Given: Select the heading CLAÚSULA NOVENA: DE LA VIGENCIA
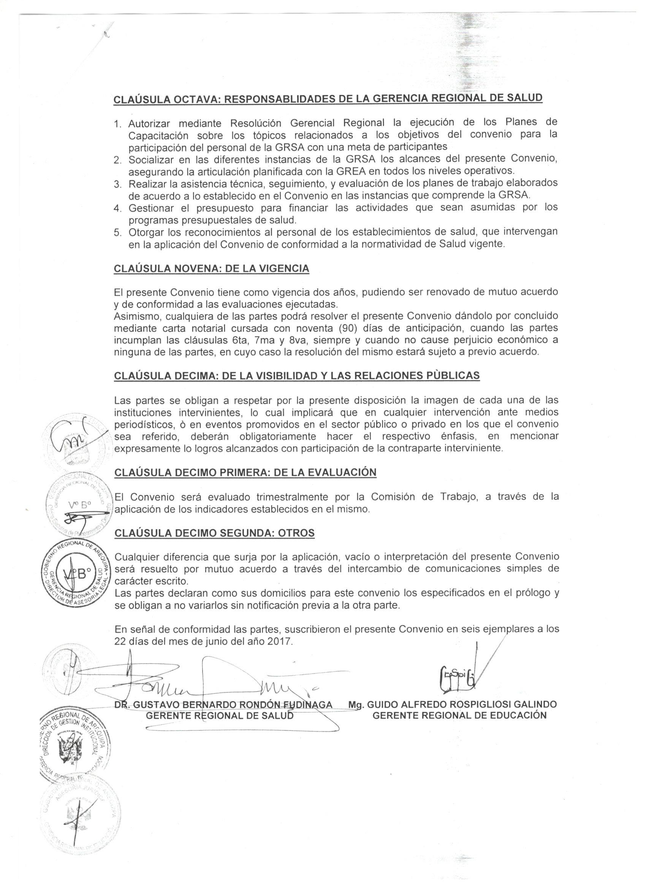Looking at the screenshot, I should (211, 269).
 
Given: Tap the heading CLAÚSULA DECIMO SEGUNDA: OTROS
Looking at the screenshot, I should (214, 533).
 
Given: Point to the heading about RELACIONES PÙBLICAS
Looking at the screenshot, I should (296, 376).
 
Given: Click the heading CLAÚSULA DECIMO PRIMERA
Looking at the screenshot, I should (245, 473).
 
